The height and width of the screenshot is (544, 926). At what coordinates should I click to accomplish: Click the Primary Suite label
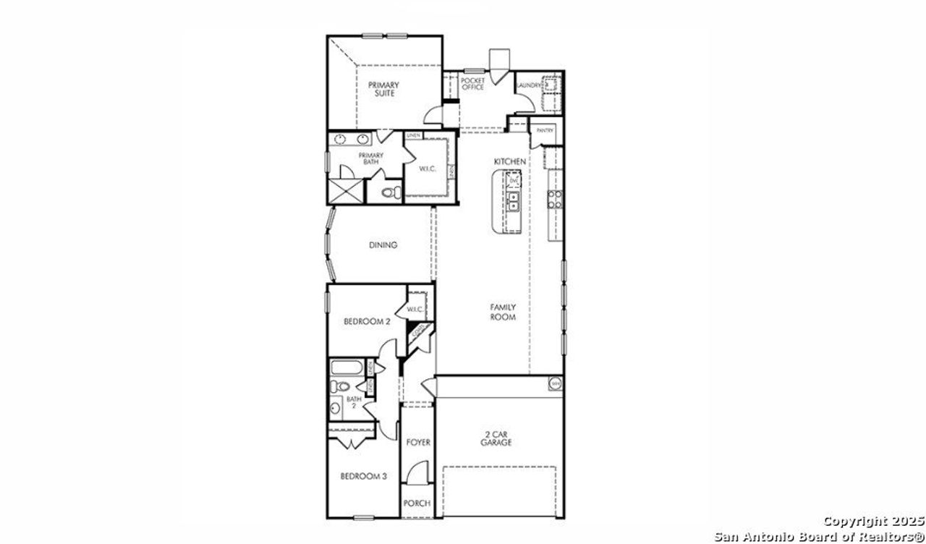tap(384, 89)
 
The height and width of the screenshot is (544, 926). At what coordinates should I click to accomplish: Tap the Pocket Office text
tap(472, 84)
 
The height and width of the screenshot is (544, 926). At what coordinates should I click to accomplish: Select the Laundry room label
tap(528, 85)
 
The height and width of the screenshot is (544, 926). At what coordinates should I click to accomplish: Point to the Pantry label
tap(545, 131)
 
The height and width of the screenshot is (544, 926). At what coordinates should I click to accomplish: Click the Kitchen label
tap(509, 161)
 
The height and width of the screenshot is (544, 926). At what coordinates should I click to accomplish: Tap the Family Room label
tap(502, 312)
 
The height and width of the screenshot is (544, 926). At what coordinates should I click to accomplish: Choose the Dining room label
tap(383, 245)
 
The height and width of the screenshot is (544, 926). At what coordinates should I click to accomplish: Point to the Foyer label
tap(417, 442)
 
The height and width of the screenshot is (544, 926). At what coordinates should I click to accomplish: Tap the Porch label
tap(417, 503)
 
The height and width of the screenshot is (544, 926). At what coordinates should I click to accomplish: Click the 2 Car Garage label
tap(497, 438)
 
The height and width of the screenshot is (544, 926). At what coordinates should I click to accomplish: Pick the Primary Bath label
tap(371, 158)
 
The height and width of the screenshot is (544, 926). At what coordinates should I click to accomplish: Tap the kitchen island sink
tap(514, 200)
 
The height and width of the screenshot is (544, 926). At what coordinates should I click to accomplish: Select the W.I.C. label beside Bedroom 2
tap(415, 310)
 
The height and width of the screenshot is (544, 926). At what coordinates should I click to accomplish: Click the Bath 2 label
tap(353, 402)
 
